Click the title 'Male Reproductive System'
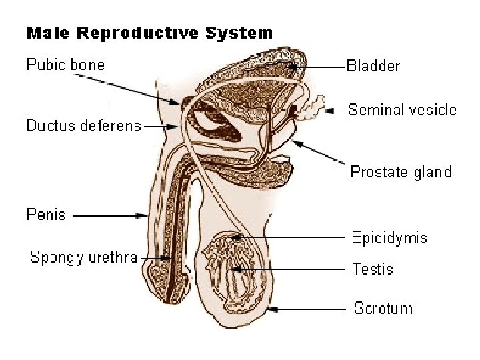pyautogui.click(x=149, y=32)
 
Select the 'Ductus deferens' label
pyautogui.click(x=84, y=125)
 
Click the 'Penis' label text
pyautogui.click(x=46, y=215)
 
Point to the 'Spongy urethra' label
pyautogui.click(x=83, y=257)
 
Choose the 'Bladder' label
pyautogui.click(x=373, y=66)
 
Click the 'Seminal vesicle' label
pyautogui.click(x=402, y=110)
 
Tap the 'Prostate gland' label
pyautogui.click(x=401, y=172)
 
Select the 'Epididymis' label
pyautogui.click(x=389, y=238)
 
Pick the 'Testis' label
pyautogui.click(x=373, y=269)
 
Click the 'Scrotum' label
pyautogui.click(x=383, y=309)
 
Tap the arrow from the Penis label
pyautogui.click(x=110, y=215)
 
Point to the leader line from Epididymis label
pyautogui.click(x=293, y=237)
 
